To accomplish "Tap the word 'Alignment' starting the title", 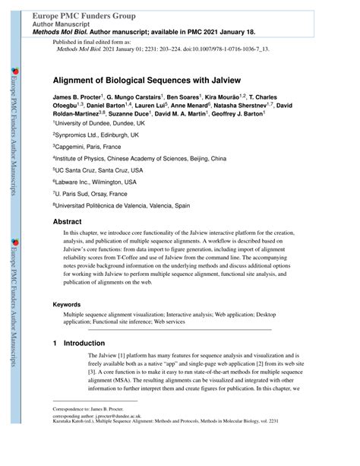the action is [x=75, y=78].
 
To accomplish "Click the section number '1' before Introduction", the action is [x=55, y=344].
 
